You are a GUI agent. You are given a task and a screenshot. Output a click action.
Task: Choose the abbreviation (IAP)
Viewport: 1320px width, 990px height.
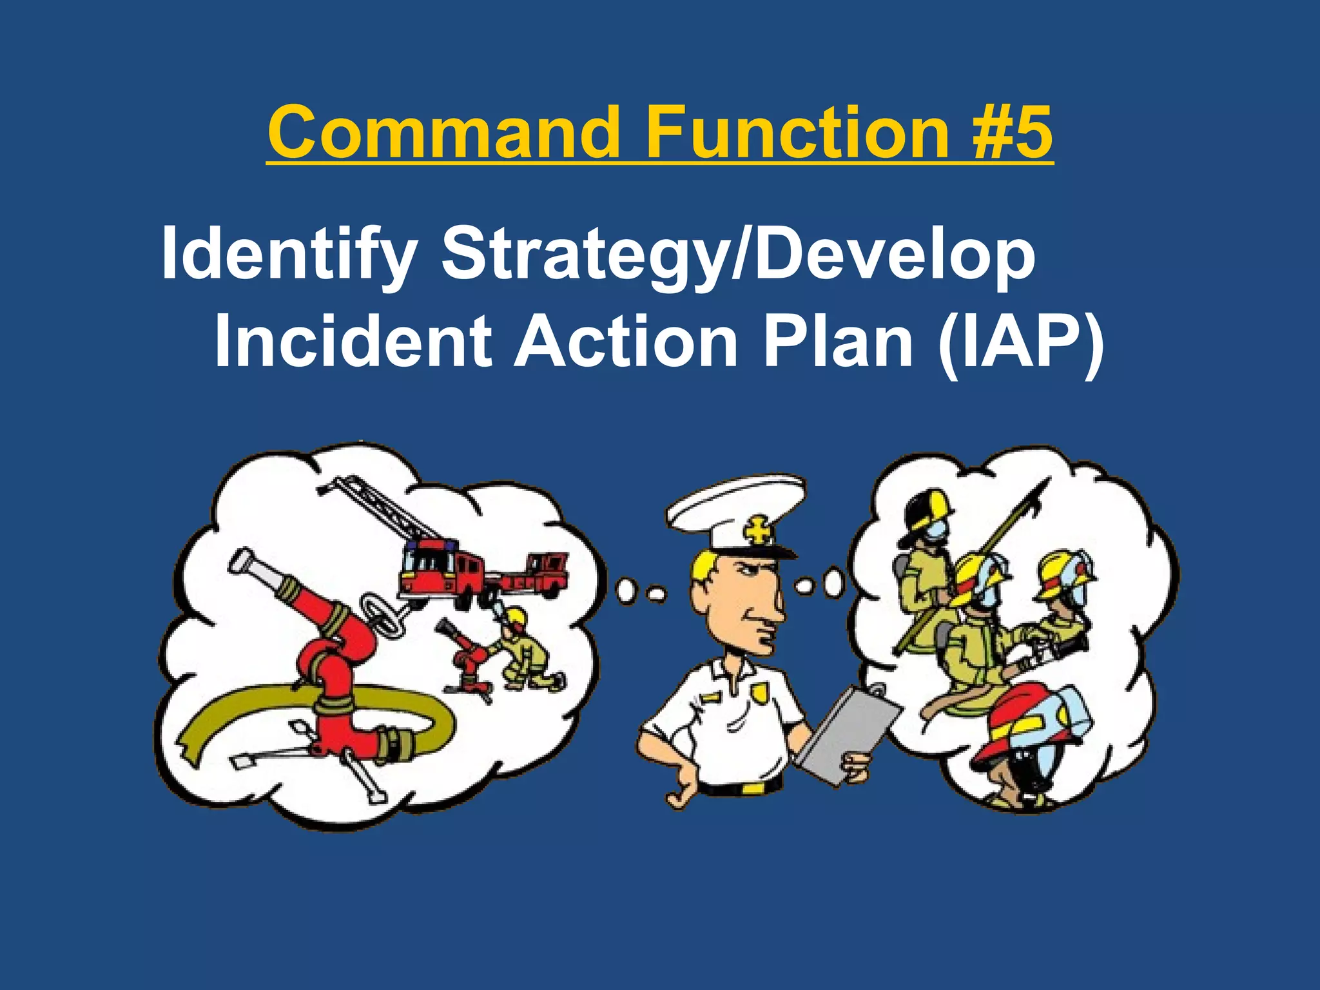tap(1021, 342)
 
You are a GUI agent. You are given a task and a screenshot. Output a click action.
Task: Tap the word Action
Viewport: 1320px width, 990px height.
tap(626, 342)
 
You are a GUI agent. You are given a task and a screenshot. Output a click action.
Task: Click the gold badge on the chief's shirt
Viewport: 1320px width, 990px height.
tap(759, 692)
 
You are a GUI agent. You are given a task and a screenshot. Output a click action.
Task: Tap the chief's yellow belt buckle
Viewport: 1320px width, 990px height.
tap(752, 788)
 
